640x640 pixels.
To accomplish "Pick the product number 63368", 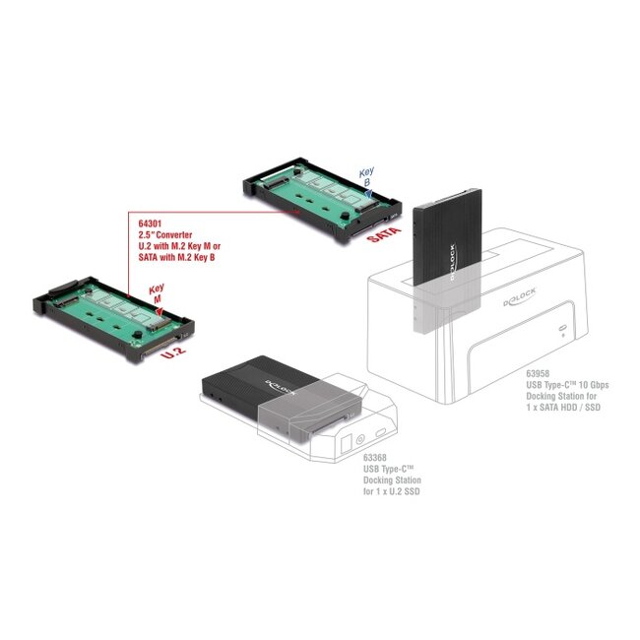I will tap(375, 457).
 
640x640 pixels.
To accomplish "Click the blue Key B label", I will tap(366, 176).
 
